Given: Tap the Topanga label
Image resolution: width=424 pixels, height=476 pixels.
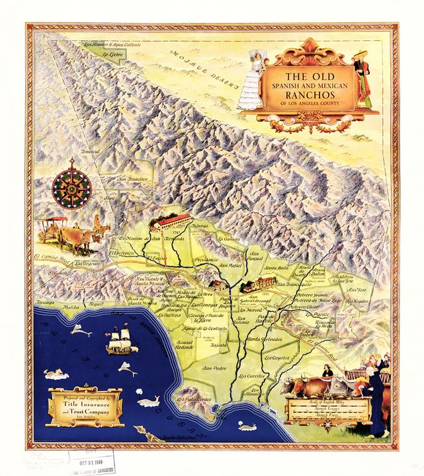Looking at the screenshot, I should point(44,302).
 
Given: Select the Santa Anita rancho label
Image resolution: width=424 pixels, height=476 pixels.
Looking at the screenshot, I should point(276,268).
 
